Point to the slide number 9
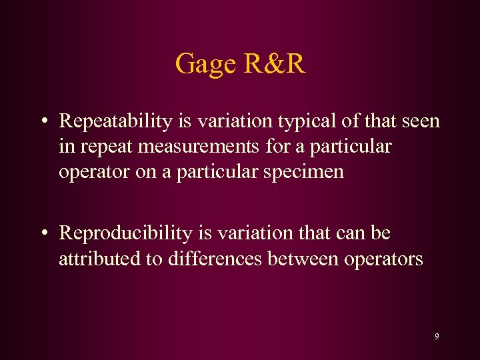(x=437, y=337)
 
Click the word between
(x=303, y=259)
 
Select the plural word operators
(x=384, y=259)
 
